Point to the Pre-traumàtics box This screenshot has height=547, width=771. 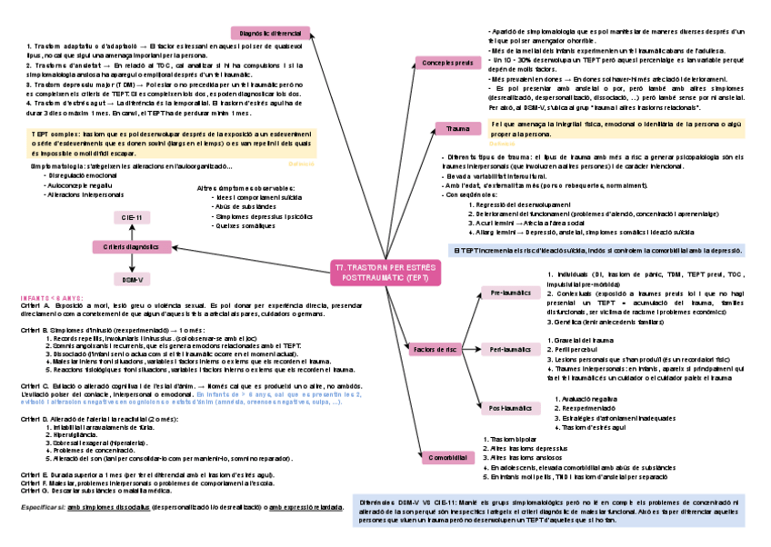(x=509, y=293)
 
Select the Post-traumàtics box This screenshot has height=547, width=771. (x=510, y=408)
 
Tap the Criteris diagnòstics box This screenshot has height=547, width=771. (x=131, y=246)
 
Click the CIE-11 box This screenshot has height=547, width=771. (x=131, y=218)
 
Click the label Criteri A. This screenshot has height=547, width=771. (x=34, y=306)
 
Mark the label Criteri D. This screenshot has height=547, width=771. (x=34, y=419)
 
